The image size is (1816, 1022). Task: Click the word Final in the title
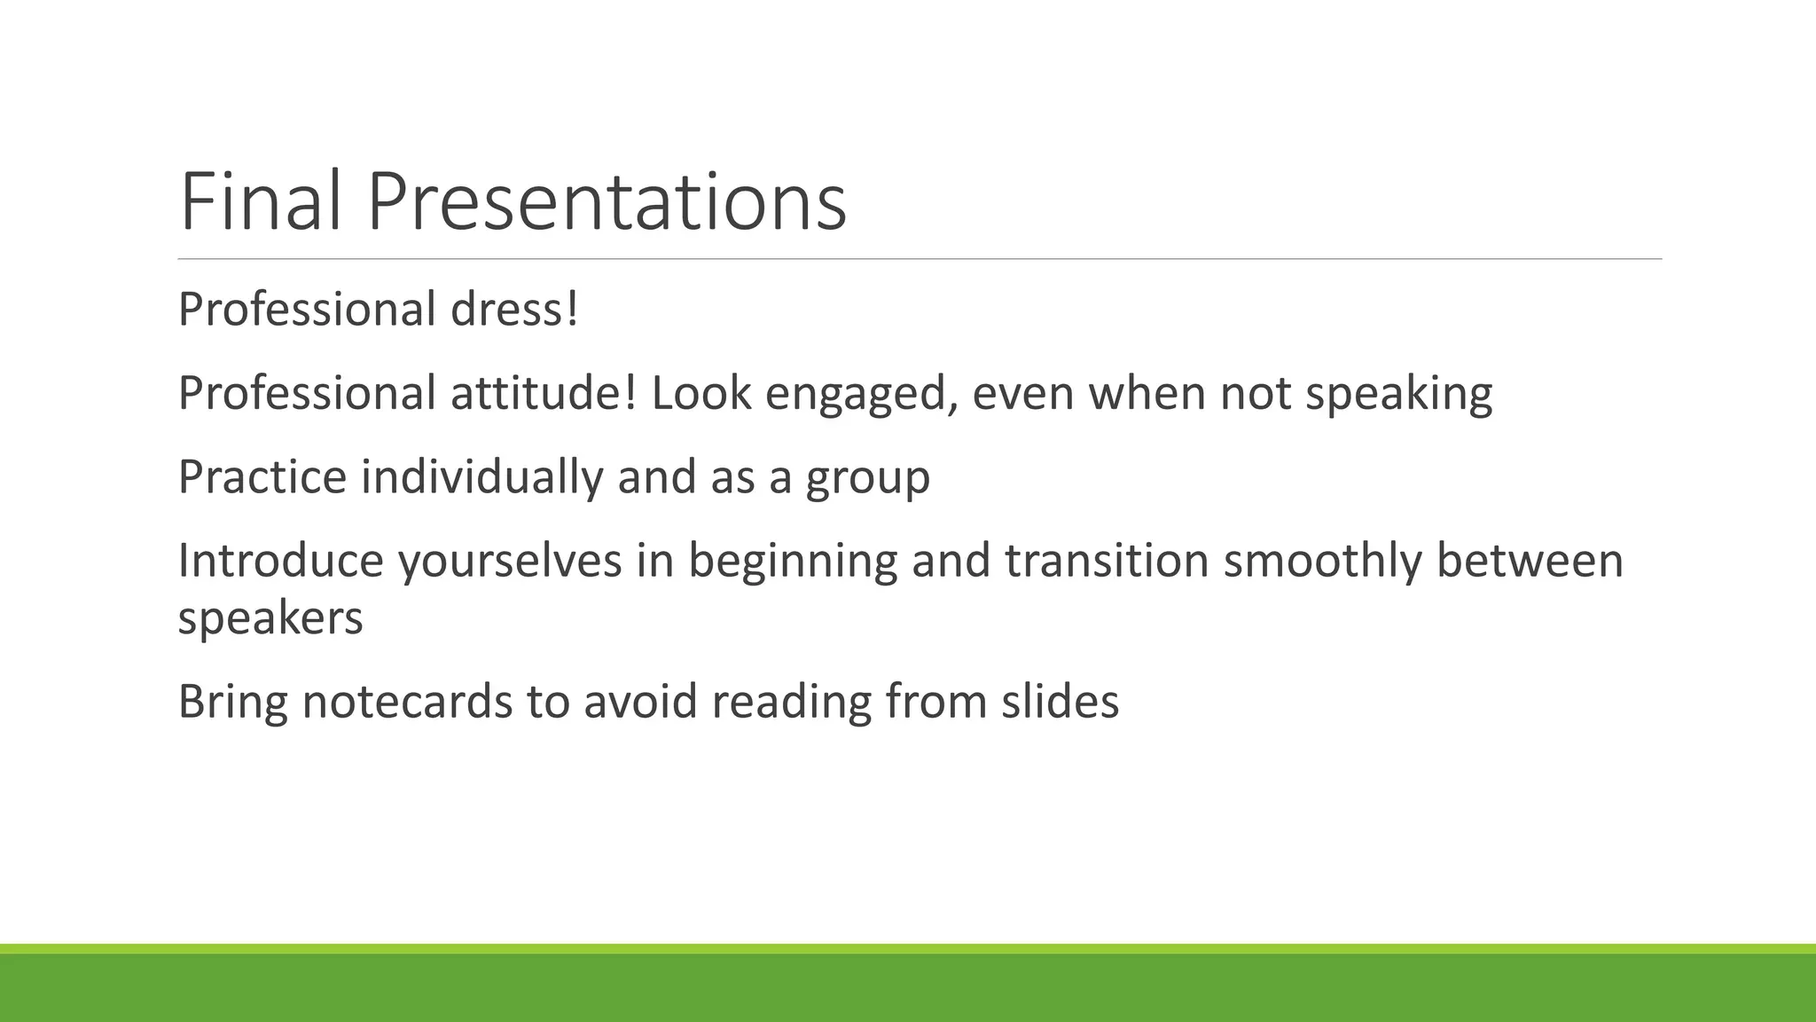(260, 202)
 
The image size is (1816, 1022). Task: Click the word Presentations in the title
(607, 202)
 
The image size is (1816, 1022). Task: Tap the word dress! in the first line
(514, 310)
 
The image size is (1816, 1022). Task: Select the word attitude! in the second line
(544, 393)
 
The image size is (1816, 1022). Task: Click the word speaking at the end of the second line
(1399, 395)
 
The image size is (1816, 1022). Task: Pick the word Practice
(262, 476)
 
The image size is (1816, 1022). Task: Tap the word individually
(482, 476)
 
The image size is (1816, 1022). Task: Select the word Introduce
(281, 561)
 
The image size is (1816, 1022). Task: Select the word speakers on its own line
(270, 618)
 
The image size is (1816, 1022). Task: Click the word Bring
(233, 702)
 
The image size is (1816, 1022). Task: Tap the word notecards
(407, 702)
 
